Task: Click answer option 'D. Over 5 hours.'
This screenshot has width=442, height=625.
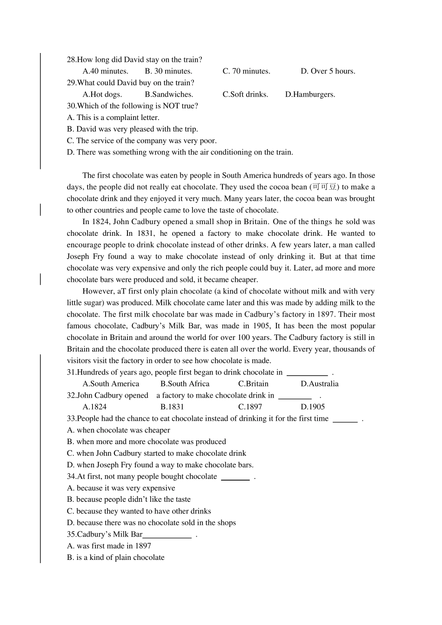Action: point(328,71)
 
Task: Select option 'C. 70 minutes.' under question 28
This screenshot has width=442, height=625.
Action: point(246,71)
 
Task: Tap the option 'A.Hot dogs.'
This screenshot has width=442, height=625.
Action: point(102,94)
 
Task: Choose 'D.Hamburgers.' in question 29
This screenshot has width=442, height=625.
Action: point(310,94)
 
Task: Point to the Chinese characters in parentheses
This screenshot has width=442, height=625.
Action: point(324,187)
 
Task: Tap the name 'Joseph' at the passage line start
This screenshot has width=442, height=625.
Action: point(78,257)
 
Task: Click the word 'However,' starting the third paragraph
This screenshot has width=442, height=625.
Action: point(98,292)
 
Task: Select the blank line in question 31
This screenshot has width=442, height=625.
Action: point(307,373)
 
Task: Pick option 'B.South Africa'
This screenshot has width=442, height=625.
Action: point(185,384)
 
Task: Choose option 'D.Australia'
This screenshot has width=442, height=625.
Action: point(319,384)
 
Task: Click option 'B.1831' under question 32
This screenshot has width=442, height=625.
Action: point(172,407)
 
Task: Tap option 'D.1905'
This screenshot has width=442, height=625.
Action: point(313,407)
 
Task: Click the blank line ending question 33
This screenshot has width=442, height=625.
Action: point(346,420)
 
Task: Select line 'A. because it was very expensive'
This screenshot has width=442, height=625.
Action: point(121,488)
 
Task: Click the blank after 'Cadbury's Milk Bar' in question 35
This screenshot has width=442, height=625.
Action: point(167,536)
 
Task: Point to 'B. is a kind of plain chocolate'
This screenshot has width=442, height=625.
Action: point(115,558)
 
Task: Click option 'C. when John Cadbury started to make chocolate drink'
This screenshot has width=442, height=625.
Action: point(156,453)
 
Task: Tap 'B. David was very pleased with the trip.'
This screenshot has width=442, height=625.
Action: point(132,129)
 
